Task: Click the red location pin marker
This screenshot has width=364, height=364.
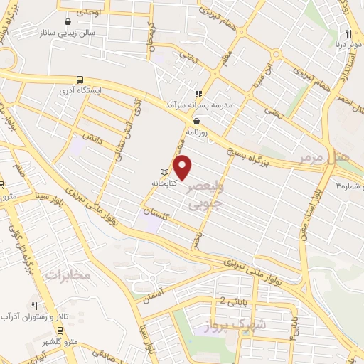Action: (x=183, y=167)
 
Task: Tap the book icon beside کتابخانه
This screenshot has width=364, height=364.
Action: (x=165, y=172)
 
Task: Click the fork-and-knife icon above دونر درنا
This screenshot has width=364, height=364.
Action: (x=348, y=33)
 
